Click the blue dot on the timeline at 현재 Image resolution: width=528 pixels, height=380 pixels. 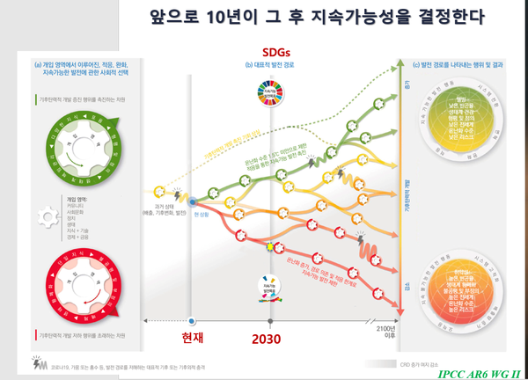191,322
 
